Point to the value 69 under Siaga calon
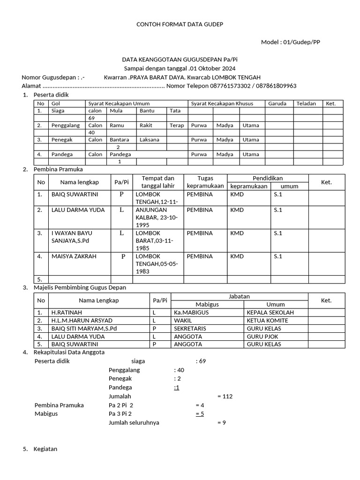[x=92, y=118]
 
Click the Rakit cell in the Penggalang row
[x=146, y=126]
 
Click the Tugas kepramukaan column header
[x=205, y=182]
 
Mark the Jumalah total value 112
[x=225, y=397]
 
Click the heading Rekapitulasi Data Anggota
[x=69, y=352]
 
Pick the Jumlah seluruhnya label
[x=134, y=422]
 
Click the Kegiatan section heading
[x=45, y=449]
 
